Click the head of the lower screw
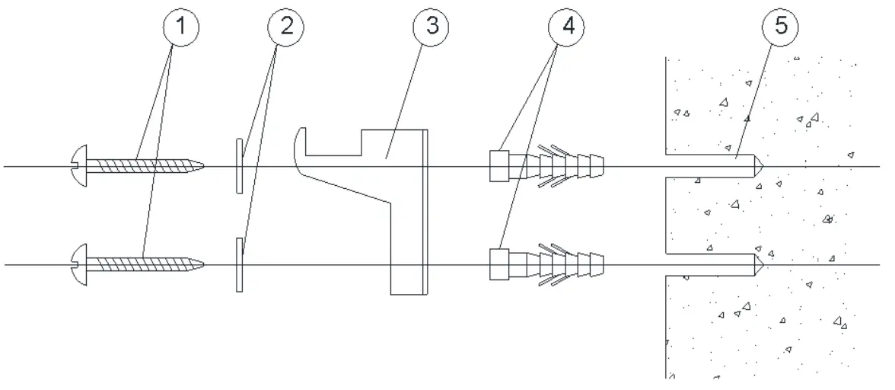pyautogui.click(x=78, y=264)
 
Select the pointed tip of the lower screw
pyautogui.click(x=201, y=264)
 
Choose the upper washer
pyautogui.click(x=239, y=165)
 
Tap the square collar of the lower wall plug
pyautogui.click(x=498, y=264)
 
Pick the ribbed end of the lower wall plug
pyautogui.click(x=594, y=264)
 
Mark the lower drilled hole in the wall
pyautogui.click(x=708, y=264)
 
